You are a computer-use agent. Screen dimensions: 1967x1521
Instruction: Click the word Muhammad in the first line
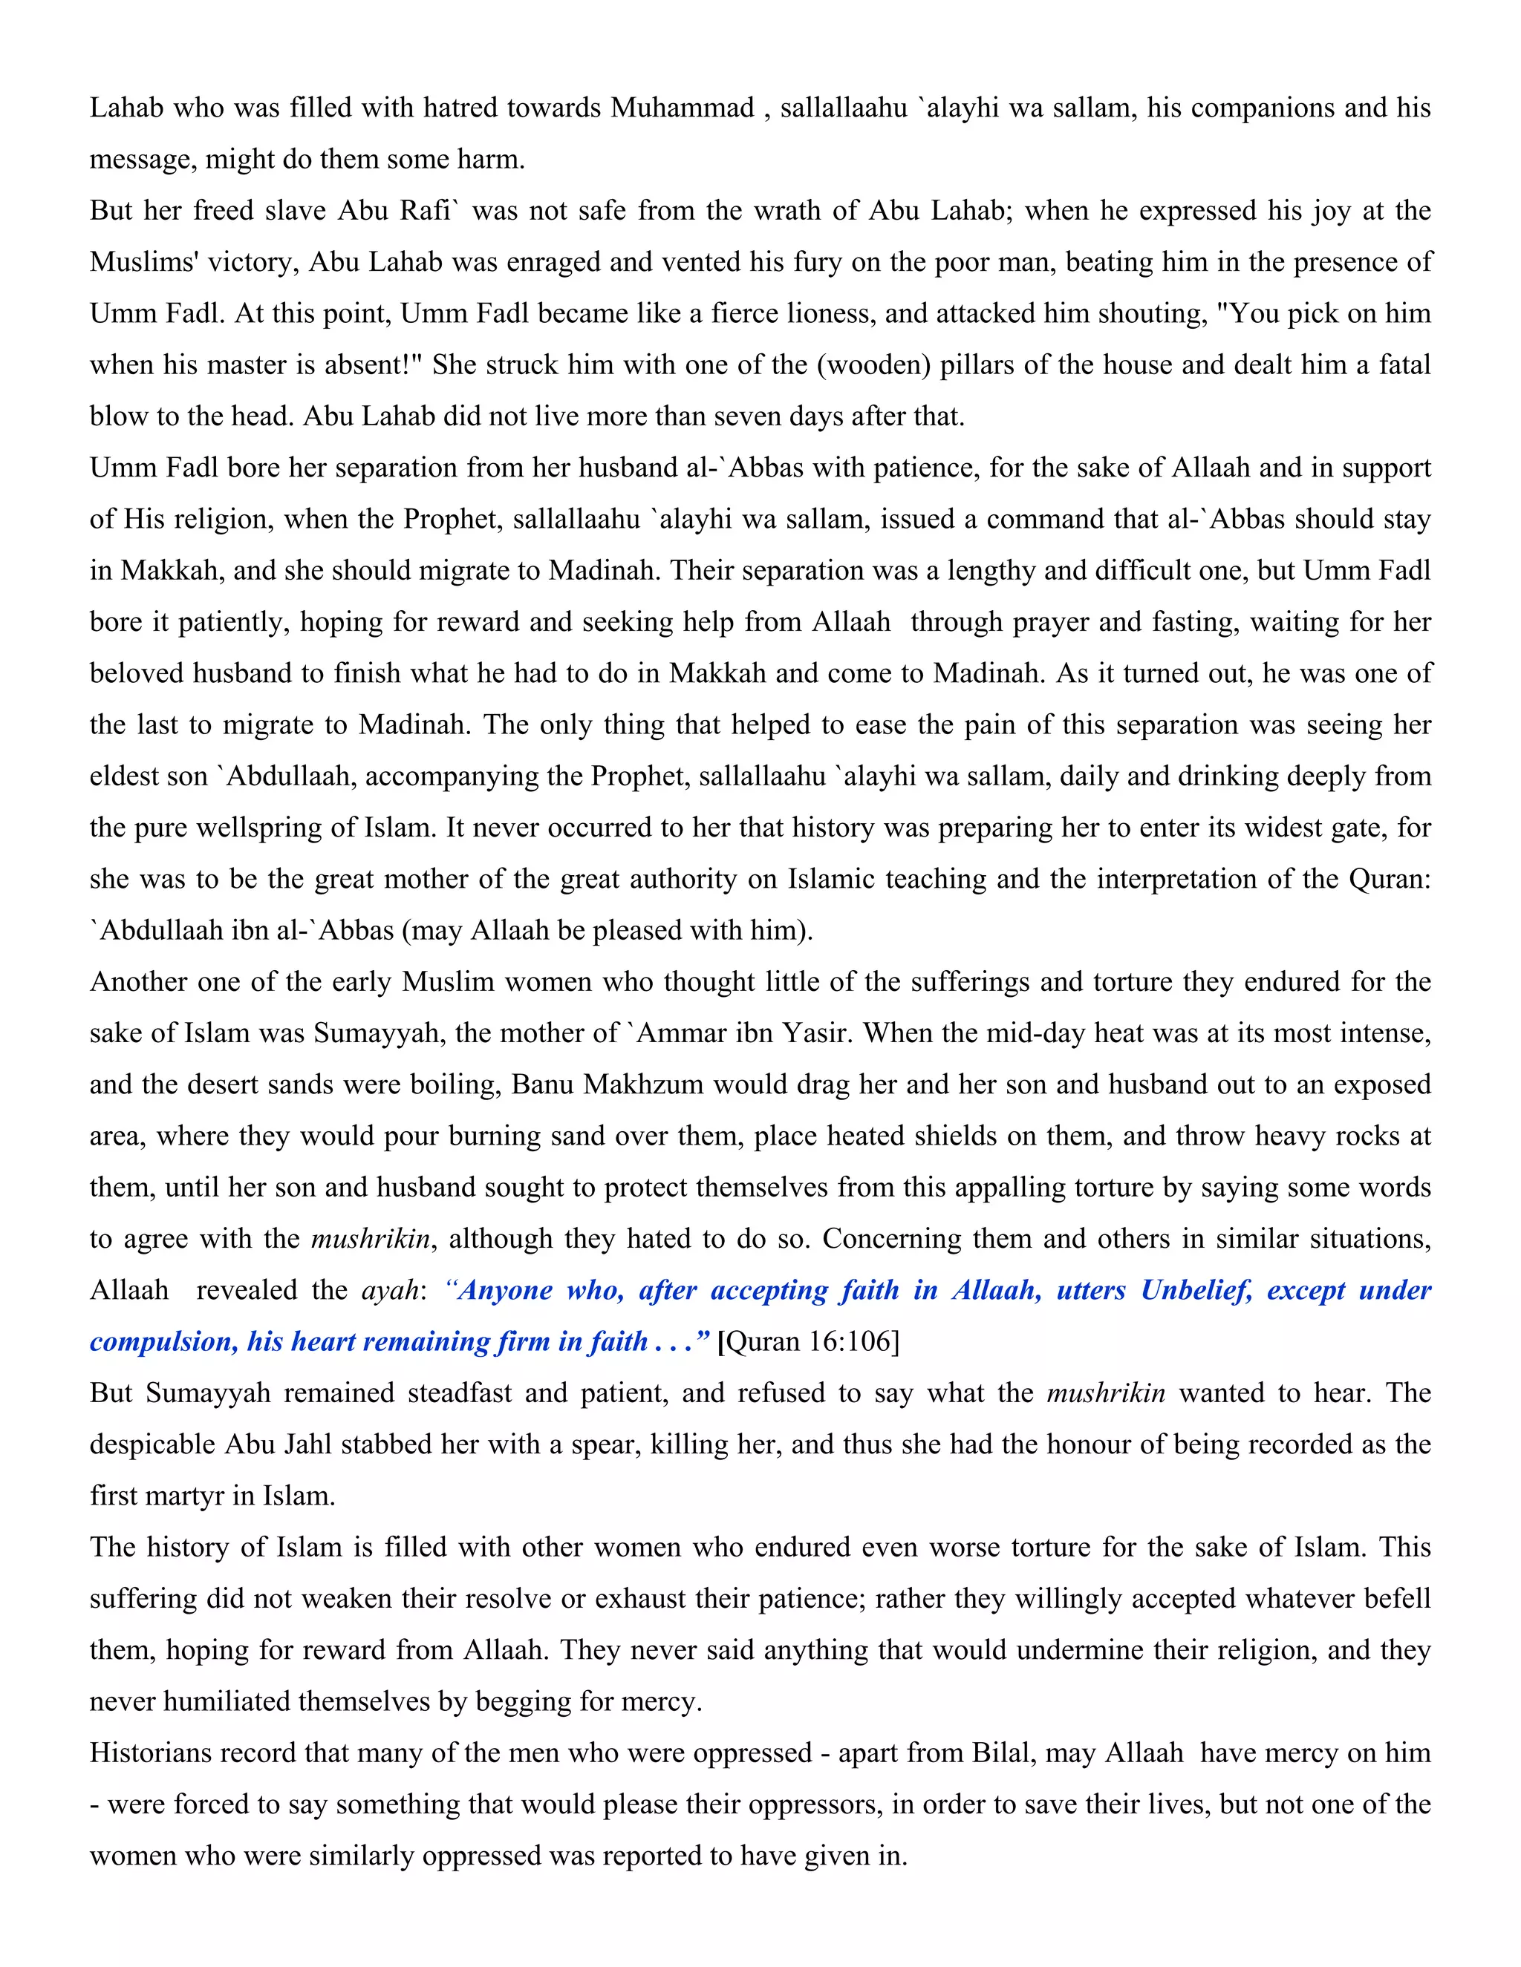point(682,108)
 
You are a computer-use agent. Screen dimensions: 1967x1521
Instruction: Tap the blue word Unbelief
point(1196,1291)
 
